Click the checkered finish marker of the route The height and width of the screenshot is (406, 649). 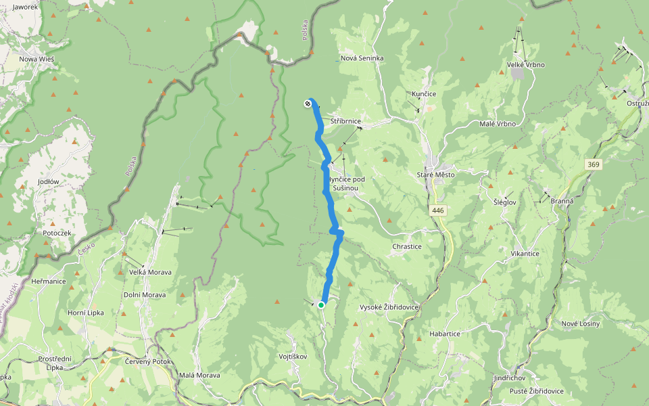[308, 104]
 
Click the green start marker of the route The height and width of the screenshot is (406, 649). [321, 305]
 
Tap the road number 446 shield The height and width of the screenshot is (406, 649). [438, 211]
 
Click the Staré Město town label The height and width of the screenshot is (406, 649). [436, 175]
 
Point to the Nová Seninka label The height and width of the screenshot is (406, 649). [362, 58]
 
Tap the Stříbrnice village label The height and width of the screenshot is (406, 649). [346, 120]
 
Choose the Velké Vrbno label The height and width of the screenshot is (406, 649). [526, 64]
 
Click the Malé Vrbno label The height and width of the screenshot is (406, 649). [498, 124]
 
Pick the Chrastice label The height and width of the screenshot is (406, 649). [407, 247]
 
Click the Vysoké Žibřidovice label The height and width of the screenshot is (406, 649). [389, 307]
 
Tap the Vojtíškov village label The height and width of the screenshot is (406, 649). [293, 356]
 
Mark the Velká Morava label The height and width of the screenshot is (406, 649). [150, 272]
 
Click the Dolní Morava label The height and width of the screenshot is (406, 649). [145, 295]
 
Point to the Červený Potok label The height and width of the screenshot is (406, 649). [148, 361]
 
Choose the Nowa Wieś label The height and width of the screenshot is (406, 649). [37, 59]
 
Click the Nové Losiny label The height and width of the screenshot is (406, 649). [581, 323]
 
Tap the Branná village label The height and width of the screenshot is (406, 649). [562, 201]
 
